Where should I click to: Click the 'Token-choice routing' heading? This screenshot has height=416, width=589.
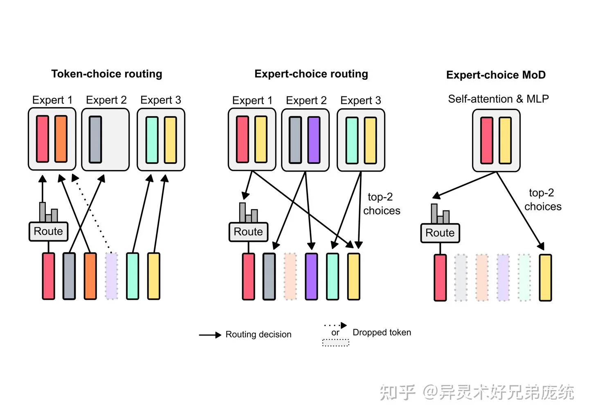[106, 74]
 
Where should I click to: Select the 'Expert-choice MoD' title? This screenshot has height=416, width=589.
[496, 75]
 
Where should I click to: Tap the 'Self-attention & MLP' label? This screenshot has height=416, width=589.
[498, 99]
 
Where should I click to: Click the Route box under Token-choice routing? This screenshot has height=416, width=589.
[48, 231]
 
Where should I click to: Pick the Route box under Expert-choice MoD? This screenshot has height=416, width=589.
[440, 233]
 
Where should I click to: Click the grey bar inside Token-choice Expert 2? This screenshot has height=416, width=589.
[95, 139]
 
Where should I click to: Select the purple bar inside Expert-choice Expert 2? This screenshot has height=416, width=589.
[314, 140]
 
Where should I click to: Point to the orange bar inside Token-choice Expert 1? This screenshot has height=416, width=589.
[61, 139]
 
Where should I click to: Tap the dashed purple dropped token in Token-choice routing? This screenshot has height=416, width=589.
[112, 276]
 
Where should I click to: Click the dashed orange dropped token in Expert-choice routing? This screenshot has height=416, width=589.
[290, 276]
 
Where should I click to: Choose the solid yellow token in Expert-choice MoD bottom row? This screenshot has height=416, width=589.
[545, 277]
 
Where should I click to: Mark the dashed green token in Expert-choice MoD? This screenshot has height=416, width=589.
[524, 277]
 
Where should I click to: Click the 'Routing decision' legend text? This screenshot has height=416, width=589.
[259, 335]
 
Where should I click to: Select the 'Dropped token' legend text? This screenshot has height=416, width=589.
[382, 333]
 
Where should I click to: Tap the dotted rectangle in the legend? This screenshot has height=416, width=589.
[335, 342]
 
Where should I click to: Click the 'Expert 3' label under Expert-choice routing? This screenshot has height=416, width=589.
[360, 101]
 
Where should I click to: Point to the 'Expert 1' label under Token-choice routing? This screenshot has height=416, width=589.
[52, 100]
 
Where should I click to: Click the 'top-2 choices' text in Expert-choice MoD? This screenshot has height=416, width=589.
[543, 199]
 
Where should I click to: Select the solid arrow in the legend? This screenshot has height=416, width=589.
[210, 335]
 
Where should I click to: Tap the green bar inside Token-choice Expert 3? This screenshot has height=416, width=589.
[152, 140]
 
